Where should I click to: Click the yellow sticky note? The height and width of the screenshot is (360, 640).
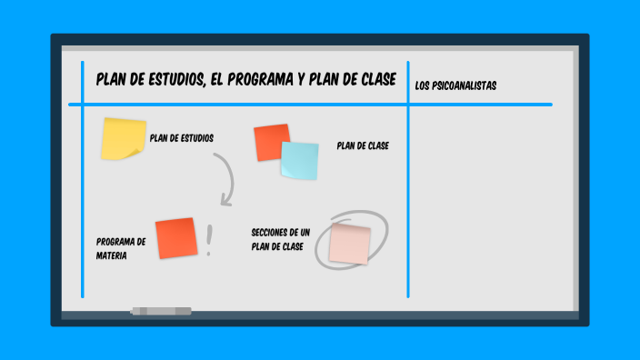tap(123, 139)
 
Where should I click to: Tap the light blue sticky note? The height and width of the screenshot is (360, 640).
tap(299, 160)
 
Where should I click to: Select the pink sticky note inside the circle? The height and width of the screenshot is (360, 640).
tap(350, 244)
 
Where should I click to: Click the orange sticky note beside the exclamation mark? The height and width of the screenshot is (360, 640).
tap(175, 238)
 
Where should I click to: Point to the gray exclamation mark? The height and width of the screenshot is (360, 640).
tap(210, 240)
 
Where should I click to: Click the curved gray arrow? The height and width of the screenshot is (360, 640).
tap(225, 177)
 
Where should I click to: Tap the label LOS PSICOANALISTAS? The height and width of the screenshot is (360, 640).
tap(455, 85)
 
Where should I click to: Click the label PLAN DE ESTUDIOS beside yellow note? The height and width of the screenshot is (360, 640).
tap(182, 138)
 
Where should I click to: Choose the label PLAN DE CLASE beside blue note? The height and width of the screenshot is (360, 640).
tap(363, 145)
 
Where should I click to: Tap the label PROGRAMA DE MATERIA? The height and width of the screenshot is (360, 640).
tap(120, 249)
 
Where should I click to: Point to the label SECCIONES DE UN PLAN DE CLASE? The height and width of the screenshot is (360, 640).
tap(280, 239)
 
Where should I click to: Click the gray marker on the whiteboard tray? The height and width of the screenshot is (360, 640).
tap(161, 311)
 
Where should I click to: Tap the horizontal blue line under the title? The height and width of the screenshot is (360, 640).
tap(309, 105)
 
